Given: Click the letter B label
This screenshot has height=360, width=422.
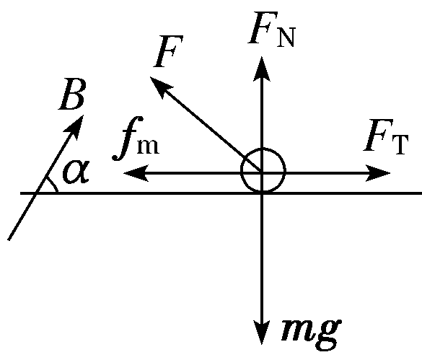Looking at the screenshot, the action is coord(72,95).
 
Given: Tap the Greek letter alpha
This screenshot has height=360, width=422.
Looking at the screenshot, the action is coord(76,171).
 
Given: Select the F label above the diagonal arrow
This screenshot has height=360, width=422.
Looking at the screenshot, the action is coord(168,51).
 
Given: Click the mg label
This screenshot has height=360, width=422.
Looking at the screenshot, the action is coord(312,333).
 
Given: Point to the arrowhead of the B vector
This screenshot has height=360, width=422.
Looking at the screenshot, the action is coord(76,126).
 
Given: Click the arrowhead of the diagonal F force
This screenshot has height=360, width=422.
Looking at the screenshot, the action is coord(160,86).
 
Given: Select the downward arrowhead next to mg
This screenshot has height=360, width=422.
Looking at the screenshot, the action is coord(262,333).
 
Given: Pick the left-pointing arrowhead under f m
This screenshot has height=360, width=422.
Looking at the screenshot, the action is coord(136,173).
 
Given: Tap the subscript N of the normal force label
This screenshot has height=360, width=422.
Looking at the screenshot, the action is coord(286,38).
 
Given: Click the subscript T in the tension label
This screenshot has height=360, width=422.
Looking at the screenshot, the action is coord(400,144).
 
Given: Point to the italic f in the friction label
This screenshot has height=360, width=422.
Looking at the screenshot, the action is coord(127,139).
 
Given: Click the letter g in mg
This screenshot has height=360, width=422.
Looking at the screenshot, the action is coord(329,335).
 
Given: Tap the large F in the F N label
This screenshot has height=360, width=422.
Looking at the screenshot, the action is coord(262,27).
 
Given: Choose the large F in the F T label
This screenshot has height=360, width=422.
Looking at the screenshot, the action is coord(377,135).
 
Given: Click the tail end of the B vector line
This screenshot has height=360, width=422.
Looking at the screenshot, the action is coord(9,240).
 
